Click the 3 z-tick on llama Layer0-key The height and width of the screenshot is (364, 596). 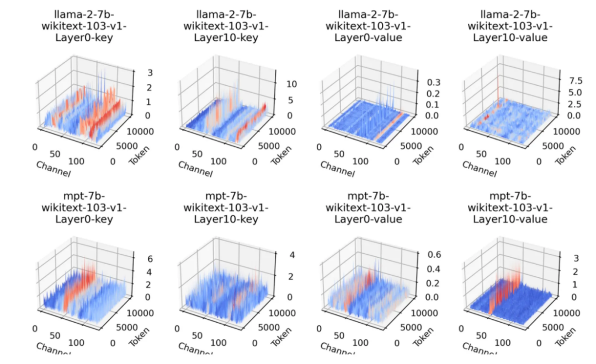coord(134,72)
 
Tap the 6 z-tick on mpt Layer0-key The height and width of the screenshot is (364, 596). coord(134,259)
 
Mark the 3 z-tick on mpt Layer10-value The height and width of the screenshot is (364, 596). coord(561,258)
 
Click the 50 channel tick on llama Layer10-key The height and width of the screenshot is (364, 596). coord(197,154)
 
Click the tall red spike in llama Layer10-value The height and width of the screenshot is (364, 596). coord(498,83)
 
